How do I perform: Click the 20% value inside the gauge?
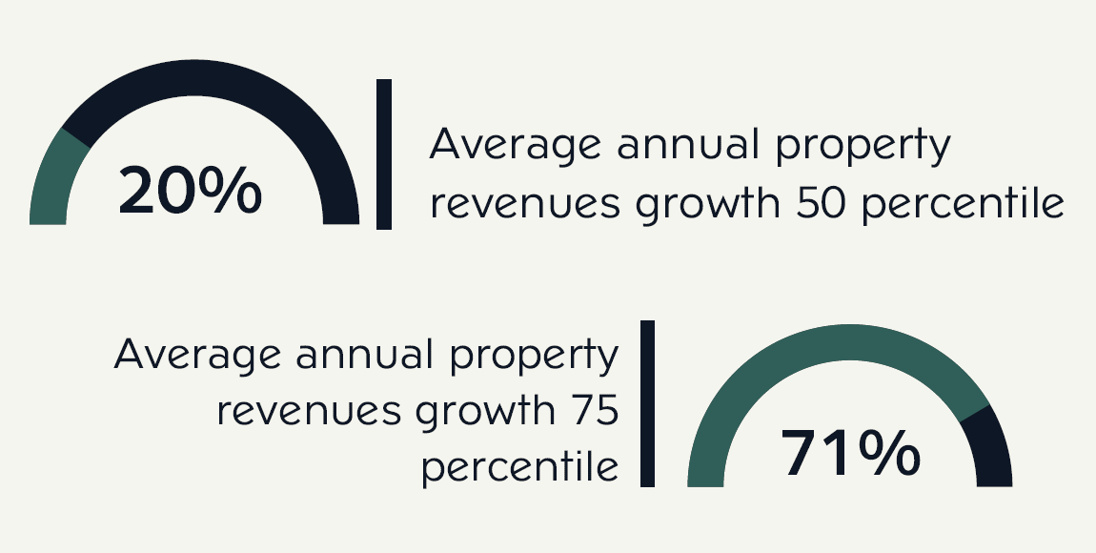point(190,191)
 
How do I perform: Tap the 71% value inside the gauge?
point(851,454)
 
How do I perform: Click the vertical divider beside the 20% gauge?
point(384,154)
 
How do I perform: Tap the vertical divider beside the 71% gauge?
point(648,403)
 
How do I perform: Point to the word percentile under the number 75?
point(521,468)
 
